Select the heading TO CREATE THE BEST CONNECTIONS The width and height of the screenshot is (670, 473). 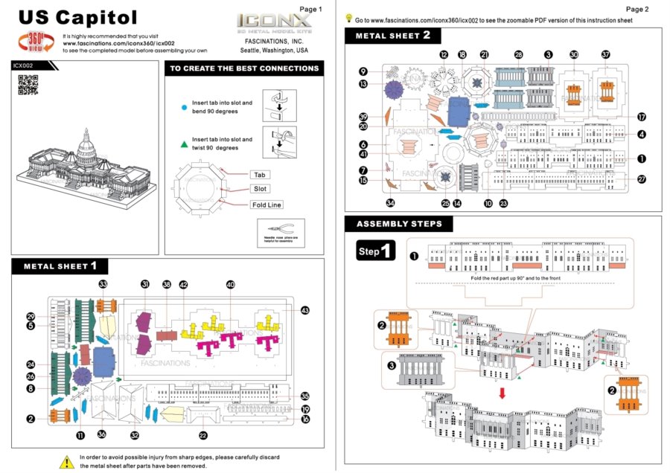pyautogui.click(x=244, y=68)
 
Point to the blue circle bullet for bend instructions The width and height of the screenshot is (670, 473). pyautogui.click(x=184, y=107)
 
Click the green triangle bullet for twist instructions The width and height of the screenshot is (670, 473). pyautogui.click(x=184, y=144)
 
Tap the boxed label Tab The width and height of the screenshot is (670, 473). pyautogui.click(x=260, y=175)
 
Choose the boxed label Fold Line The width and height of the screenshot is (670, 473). pyautogui.click(x=266, y=205)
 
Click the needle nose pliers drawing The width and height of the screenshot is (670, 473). pyautogui.click(x=276, y=228)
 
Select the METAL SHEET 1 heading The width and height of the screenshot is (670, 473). pyautogui.click(x=60, y=266)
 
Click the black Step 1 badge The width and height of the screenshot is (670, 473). pyautogui.click(x=375, y=251)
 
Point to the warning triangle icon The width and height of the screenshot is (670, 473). pyautogui.click(x=66, y=460)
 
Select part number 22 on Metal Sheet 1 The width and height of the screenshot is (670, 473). pyautogui.click(x=202, y=435)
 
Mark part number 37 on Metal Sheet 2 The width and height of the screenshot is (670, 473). pyautogui.click(x=605, y=54)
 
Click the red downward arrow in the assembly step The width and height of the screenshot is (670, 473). pyautogui.click(x=502, y=390)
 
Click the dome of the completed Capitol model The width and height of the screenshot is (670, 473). pyautogui.click(x=87, y=141)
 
